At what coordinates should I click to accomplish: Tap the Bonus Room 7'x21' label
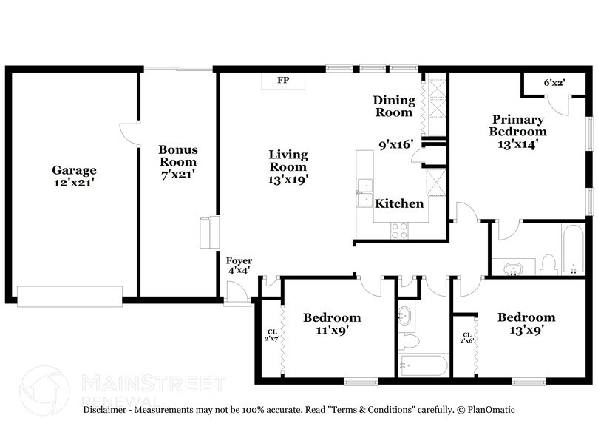pyautogui.click(x=177, y=161)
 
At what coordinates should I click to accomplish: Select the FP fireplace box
pyautogui.click(x=283, y=80)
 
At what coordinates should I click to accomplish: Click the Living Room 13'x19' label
pyautogui.click(x=288, y=166)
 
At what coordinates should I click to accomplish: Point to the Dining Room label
pyautogui.click(x=393, y=106)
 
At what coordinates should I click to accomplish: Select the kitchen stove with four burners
pyautogui.click(x=399, y=230)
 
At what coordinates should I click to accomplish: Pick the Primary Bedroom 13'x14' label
pyautogui.click(x=517, y=132)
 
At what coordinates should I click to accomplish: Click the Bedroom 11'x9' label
pyautogui.click(x=332, y=324)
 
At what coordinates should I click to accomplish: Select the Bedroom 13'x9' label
pyautogui.click(x=526, y=324)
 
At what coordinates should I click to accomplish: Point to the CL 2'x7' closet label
pyautogui.click(x=272, y=334)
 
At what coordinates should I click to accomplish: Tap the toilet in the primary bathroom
pyautogui.click(x=548, y=263)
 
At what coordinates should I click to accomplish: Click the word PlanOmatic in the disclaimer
pyautogui.click(x=491, y=409)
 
